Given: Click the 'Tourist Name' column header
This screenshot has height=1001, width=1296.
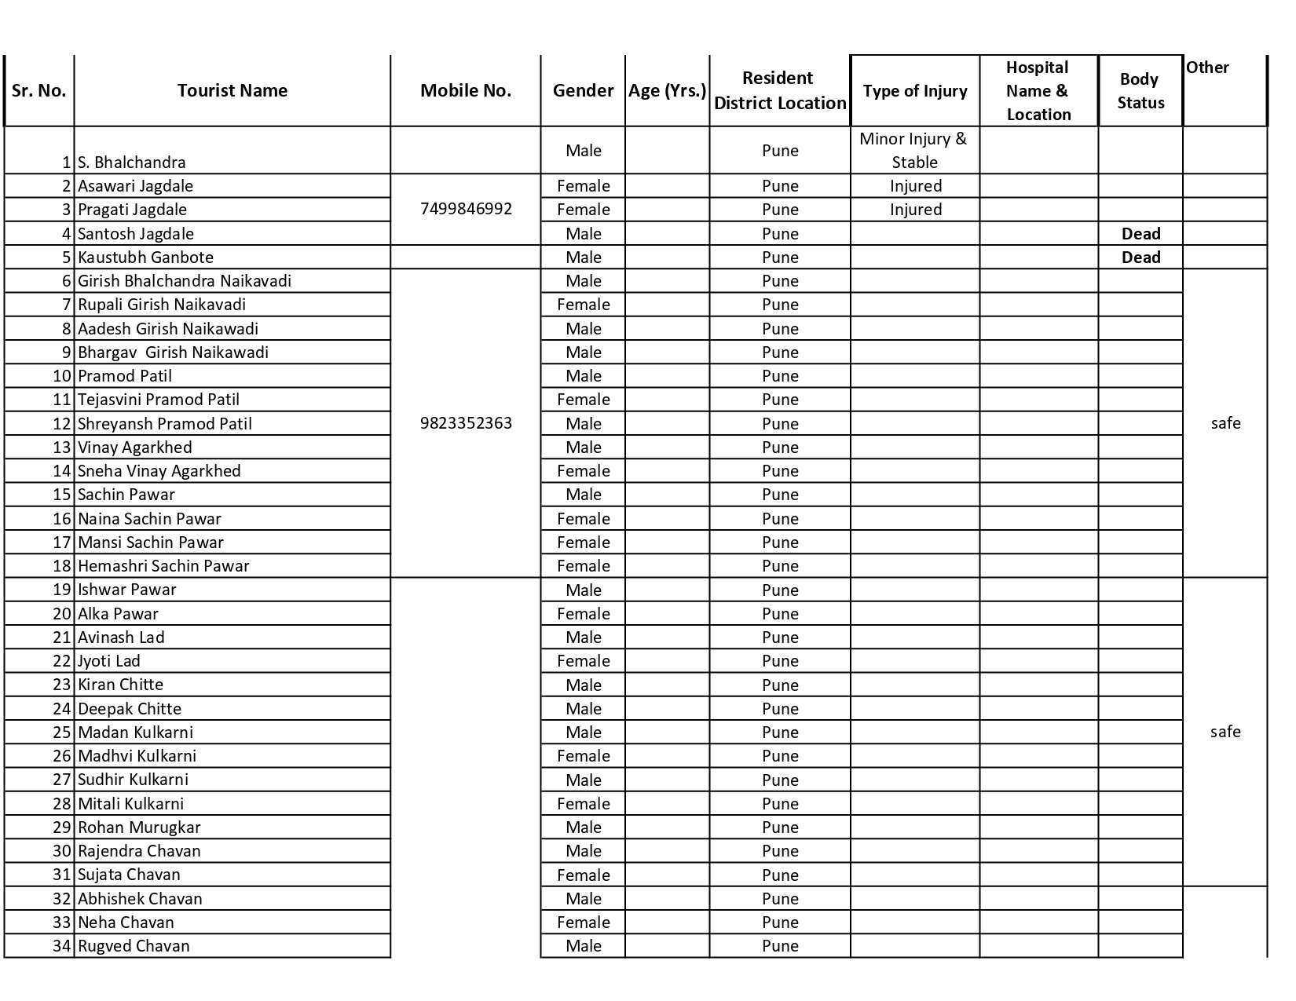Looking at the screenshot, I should click(x=232, y=90).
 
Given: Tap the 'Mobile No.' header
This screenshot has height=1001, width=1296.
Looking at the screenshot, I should click(x=466, y=90).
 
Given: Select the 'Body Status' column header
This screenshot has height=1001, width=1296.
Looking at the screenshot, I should click(x=1140, y=90).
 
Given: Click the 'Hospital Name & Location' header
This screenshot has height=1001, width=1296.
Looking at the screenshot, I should click(x=1038, y=90).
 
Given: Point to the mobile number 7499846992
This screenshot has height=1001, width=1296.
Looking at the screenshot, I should click(x=466, y=209).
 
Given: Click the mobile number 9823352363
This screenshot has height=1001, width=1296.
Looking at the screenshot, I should click(x=466, y=423).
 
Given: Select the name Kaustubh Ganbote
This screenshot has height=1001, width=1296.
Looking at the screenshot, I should click(x=145, y=258).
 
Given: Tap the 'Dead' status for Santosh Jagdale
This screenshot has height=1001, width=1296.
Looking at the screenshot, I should click(x=1140, y=234).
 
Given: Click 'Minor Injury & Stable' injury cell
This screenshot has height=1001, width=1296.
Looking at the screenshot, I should click(x=914, y=150).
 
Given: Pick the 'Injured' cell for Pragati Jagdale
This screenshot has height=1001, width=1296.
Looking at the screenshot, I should click(x=915, y=210).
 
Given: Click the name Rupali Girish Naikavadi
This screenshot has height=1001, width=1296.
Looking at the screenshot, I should click(x=161, y=305).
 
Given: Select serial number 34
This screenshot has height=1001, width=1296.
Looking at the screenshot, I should click(x=62, y=946).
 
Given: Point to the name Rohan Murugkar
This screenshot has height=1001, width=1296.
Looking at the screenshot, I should click(x=139, y=827).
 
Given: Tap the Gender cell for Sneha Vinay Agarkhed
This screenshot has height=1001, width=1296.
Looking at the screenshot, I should click(x=583, y=471).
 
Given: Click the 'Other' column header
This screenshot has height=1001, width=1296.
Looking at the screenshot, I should click(x=1207, y=68).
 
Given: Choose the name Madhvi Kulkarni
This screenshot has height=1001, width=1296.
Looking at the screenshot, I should click(x=137, y=756).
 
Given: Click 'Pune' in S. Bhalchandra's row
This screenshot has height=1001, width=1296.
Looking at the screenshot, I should click(x=780, y=151).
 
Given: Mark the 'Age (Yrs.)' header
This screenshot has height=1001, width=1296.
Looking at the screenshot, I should click(x=667, y=90).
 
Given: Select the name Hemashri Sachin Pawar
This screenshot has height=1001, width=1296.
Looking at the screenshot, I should click(x=163, y=566).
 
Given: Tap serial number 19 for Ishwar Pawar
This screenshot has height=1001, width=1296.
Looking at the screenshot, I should click(x=62, y=590).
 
